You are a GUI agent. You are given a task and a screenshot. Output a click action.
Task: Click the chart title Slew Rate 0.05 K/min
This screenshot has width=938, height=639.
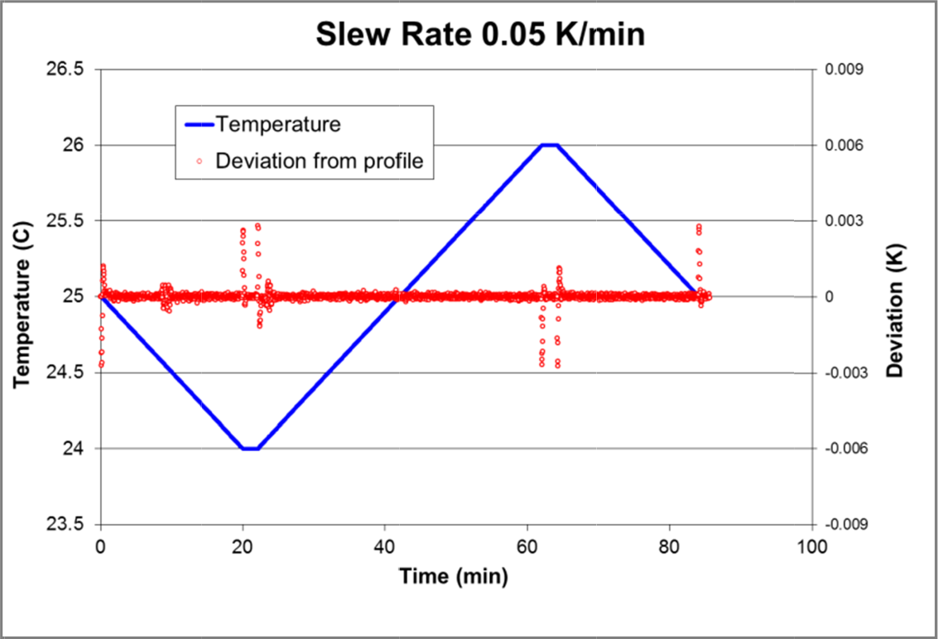479,35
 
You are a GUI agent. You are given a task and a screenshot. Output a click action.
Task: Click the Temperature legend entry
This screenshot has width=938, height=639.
278,125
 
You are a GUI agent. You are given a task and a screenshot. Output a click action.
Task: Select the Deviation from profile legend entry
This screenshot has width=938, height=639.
319,161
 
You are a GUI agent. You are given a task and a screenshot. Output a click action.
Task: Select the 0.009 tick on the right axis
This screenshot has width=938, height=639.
844,70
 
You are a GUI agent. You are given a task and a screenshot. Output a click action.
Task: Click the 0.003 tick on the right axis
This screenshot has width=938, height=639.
844,221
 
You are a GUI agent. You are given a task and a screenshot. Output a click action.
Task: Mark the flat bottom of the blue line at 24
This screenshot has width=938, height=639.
250,449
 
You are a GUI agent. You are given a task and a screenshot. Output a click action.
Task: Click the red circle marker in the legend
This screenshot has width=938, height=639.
199,161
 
